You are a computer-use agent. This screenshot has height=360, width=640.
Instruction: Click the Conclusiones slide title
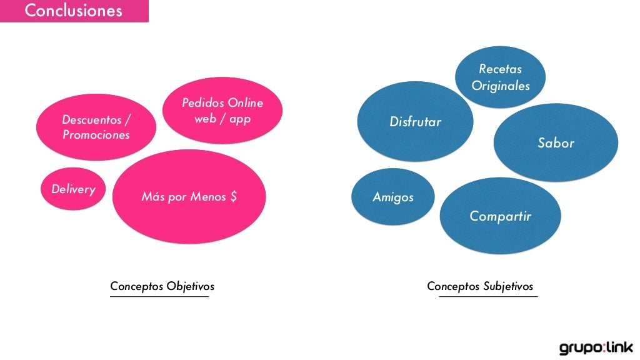73,11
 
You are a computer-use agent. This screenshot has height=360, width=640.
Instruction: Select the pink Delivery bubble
73,189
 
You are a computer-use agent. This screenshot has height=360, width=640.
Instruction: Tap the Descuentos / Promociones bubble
96,127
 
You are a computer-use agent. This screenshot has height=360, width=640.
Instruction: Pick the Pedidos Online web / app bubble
222,111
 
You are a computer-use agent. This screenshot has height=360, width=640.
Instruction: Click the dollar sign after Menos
233,197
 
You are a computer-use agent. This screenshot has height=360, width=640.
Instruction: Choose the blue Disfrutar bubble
415,122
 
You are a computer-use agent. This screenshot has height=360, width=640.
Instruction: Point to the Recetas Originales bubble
500,77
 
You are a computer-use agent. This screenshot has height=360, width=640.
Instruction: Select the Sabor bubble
556,143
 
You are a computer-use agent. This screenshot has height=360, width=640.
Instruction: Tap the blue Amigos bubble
393,197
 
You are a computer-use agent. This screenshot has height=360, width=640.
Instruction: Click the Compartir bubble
500,216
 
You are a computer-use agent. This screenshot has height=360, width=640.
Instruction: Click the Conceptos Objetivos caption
162,286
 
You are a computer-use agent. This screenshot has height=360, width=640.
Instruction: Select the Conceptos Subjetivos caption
480,286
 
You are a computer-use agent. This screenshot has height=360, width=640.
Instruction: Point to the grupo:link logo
596,347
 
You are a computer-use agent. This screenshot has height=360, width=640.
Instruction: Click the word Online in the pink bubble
245,103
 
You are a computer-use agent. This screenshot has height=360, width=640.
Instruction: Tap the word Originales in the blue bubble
500,86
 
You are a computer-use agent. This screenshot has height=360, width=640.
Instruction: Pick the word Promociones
96,135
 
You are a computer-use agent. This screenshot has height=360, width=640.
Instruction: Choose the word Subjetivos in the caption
508,286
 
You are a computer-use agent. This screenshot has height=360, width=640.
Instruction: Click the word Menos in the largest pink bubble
209,197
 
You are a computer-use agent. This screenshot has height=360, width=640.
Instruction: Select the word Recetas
500,69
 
